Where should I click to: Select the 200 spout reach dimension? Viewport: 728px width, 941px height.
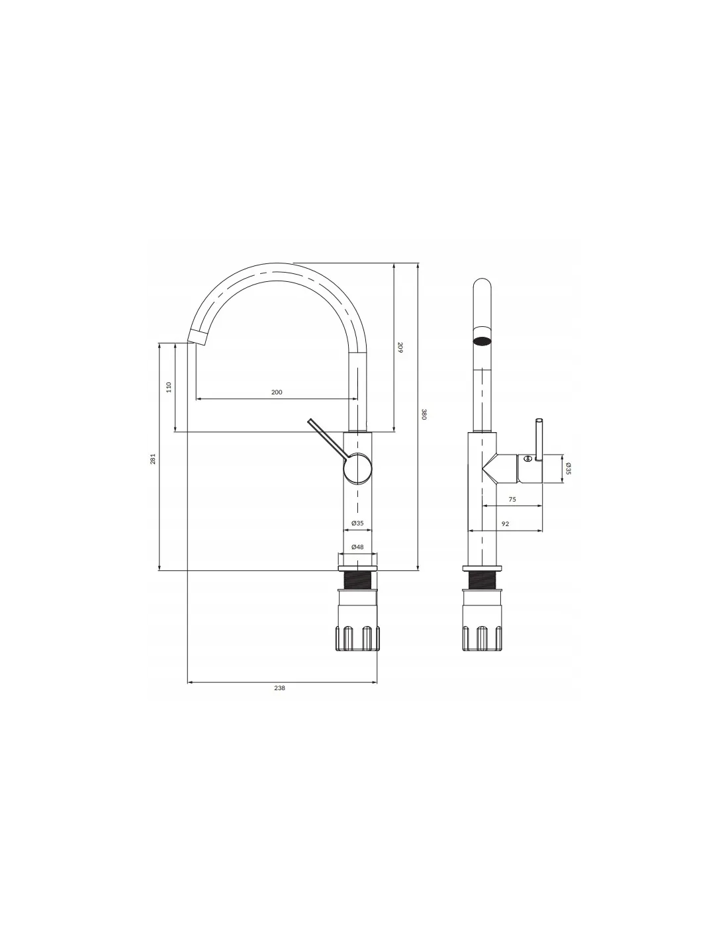pyautogui.click(x=277, y=392)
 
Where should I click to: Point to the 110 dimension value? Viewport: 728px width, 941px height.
pyautogui.click(x=169, y=386)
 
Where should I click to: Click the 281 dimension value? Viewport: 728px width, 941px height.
pyautogui.click(x=152, y=459)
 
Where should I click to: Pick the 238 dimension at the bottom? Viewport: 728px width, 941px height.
pyautogui.click(x=280, y=688)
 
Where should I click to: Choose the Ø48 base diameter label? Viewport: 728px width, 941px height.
pyautogui.click(x=357, y=547)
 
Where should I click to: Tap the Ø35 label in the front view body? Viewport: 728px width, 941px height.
pyautogui.click(x=357, y=523)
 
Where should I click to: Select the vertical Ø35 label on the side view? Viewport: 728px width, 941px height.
pyautogui.click(x=569, y=469)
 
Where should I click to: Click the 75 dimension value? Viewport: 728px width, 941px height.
pyautogui.click(x=512, y=500)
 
